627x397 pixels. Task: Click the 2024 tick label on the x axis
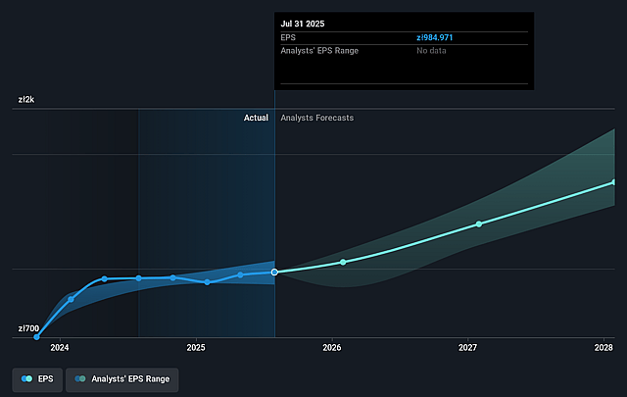60,347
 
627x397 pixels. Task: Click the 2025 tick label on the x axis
196,347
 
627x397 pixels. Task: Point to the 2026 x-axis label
332,347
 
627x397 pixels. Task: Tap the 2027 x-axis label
468,347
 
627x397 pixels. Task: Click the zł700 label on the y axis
28,328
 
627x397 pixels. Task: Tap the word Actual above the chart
256,118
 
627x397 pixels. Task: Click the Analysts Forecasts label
317,118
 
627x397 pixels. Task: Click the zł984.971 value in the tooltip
440,36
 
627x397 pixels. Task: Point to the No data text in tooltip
432,50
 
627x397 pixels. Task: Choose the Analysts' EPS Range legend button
122,377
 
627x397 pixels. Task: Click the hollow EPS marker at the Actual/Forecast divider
274,272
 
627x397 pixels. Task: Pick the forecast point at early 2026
343,262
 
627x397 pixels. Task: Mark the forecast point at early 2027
479,223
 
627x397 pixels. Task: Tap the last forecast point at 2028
614,182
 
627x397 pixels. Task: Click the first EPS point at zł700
37,336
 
